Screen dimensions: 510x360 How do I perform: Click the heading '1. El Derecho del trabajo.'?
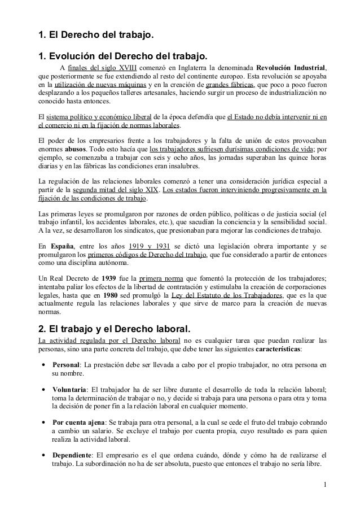(x=95, y=37)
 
